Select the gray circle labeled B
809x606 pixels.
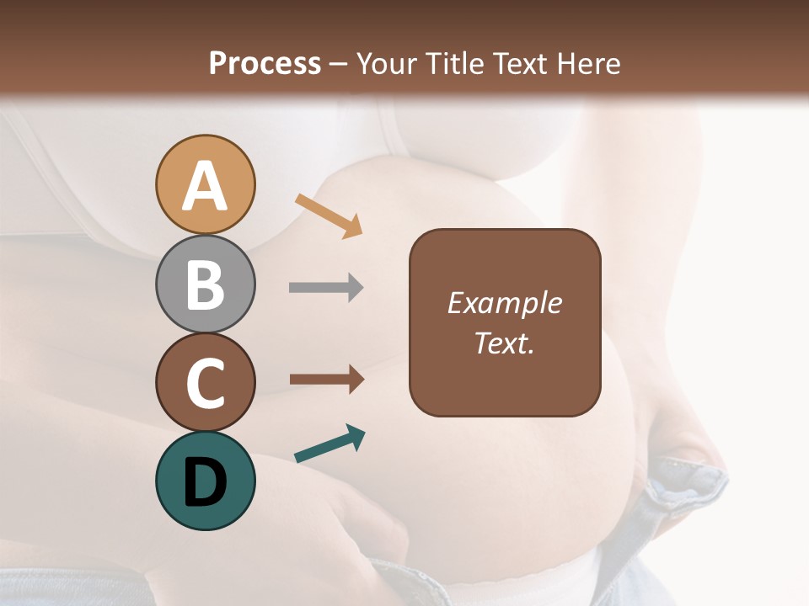[206, 284]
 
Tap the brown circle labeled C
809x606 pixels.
[206, 382]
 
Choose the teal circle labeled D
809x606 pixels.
[206, 481]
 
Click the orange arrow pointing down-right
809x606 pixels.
[329, 215]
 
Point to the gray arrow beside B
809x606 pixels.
[326, 288]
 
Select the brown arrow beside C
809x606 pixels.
[326, 380]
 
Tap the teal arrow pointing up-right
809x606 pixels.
[329, 444]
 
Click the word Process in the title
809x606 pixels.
[265, 64]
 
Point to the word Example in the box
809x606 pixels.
[505, 303]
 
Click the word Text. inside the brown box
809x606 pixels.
[505, 343]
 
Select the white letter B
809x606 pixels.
[206, 285]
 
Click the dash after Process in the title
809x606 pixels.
[339, 64]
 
